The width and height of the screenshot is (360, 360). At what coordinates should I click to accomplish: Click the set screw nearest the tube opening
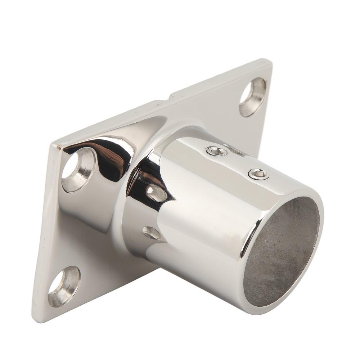tap(258, 175)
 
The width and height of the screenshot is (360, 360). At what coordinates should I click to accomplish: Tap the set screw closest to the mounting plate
tap(217, 151)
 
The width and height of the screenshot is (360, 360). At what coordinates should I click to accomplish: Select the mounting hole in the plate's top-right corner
tap(253, 96)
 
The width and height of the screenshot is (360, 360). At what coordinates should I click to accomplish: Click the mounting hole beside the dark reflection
tap(78, 169)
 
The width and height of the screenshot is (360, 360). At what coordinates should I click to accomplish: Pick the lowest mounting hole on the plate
tap(64, 285)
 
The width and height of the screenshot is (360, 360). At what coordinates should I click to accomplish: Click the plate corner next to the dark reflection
tap(55, 146)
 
